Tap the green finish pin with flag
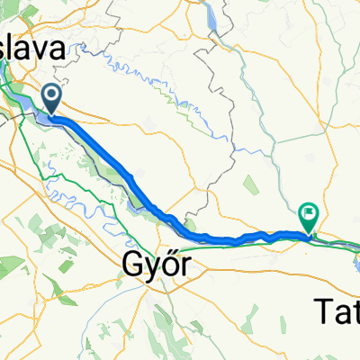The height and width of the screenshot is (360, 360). (310, 217)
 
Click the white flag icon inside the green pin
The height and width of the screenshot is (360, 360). (310, 214)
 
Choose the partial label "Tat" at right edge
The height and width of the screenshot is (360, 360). (339, 311)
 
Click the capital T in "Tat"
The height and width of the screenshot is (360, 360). (326, 311)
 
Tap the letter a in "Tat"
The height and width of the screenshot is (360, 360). (341, 313)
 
